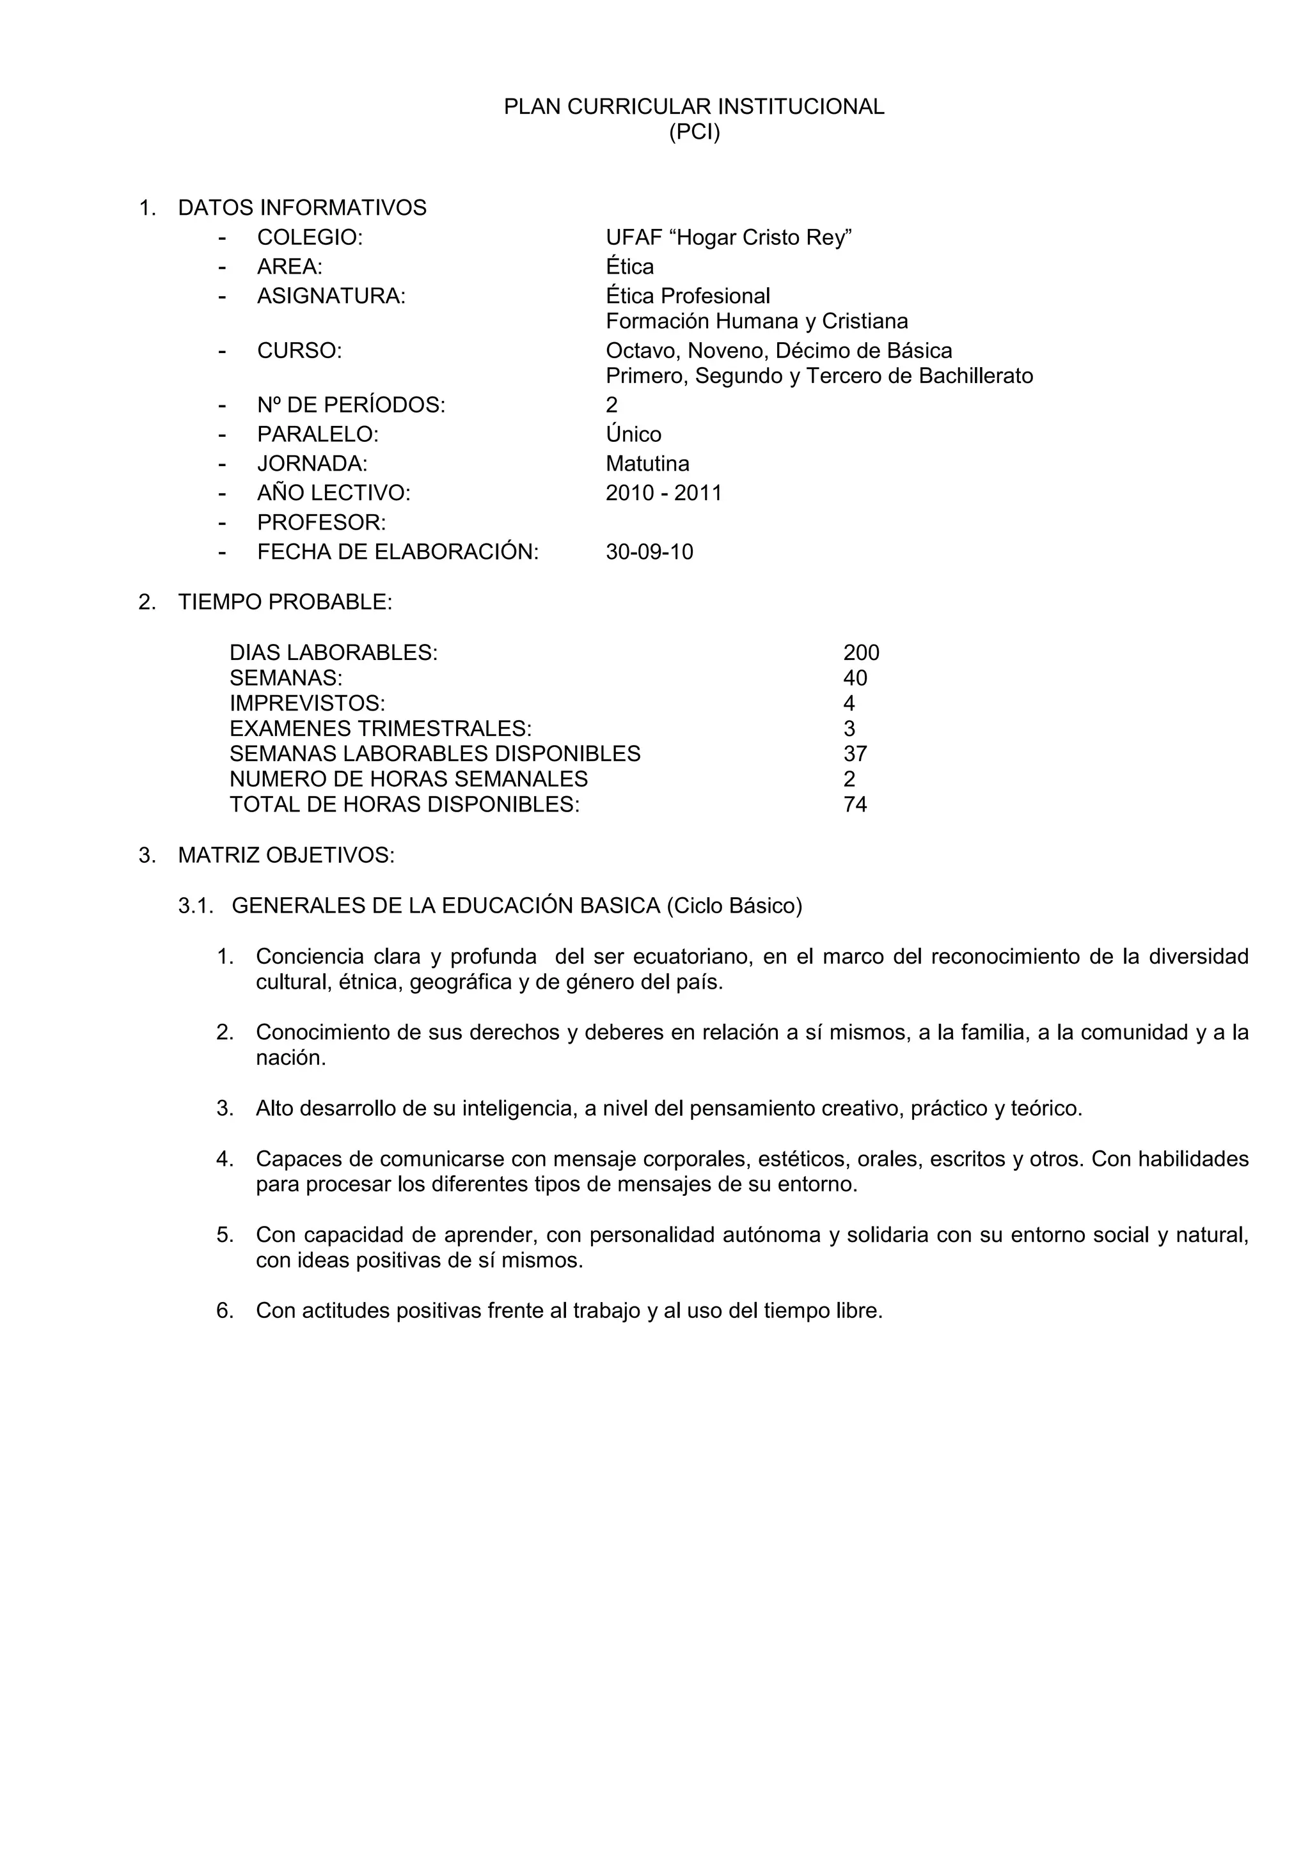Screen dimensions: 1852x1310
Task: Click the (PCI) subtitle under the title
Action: point(694,132)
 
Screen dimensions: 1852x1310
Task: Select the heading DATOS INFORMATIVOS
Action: point(302,208)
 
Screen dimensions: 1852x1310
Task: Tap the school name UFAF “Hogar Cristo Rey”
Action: point(729,238)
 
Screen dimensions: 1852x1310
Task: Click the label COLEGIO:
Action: point(309,238)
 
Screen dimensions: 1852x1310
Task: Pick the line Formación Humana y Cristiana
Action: point(756,322)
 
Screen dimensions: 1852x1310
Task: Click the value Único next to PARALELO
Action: point(633,435)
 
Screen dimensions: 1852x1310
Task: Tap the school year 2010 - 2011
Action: point(663,493)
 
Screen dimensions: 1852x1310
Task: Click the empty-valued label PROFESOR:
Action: point(321,522)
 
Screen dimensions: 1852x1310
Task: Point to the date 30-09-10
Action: point(649,553)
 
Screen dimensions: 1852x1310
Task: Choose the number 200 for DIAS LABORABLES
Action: point(861,652)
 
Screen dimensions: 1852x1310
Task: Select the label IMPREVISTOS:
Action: point(306,703)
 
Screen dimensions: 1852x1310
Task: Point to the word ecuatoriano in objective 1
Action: point(692,957)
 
